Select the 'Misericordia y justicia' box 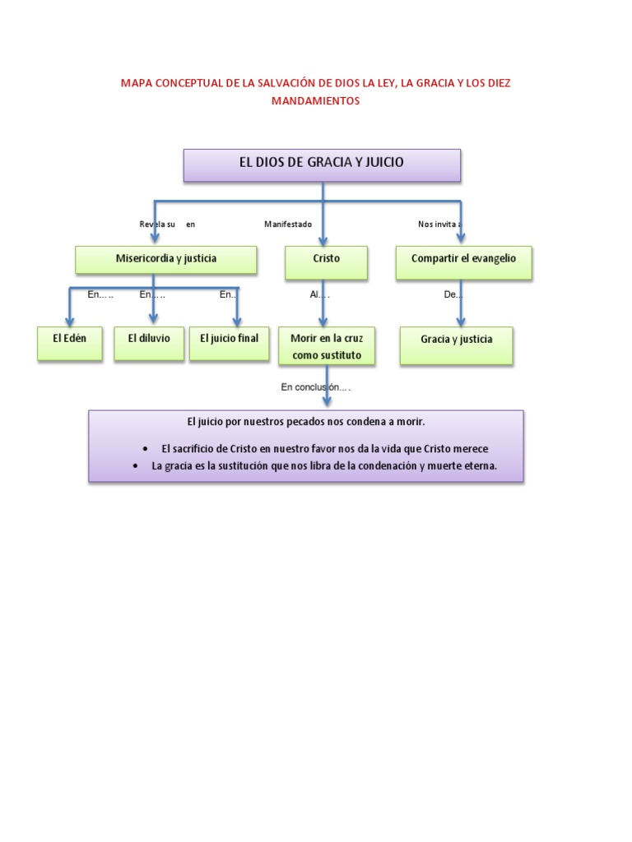pyautogui.click(x=166, y=259)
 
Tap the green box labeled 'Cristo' pyautogui.click(x=326, y=259)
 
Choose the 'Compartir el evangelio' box pyautogui.click(x=463, y=259)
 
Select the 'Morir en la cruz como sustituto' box pyautogui.click(x=326, y=347)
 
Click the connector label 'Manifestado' pyautogui.click(x=288, y=224)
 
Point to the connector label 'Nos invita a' pyautogui.click(x=439, y=224)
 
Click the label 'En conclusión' pyautogui.click(x=315, y=387)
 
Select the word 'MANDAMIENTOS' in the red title pyautogui.click(x=316, y=101)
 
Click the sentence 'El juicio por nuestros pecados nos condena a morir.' pyautogui.click(x=305, y=422)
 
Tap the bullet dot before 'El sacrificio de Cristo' pyautogui.click(x=146, y=450)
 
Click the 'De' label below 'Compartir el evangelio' pyautogui.click(x=453, y=294)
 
